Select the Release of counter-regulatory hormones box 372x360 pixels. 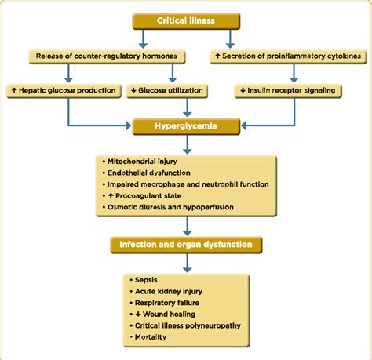[108, 56]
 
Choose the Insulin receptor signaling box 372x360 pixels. [288, 90]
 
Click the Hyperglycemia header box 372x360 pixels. [185, 125]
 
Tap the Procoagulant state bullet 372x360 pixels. [149, 196]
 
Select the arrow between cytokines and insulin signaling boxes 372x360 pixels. [294, 73]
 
